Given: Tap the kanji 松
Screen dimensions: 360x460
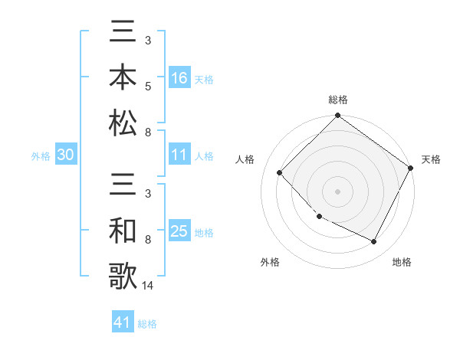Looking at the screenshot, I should [123, 123].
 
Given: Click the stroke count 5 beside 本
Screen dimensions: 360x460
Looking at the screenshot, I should [147, 87].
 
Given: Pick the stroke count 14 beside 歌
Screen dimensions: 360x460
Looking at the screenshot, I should [149, 286].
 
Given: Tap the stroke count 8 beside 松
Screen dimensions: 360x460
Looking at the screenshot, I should [147, 133].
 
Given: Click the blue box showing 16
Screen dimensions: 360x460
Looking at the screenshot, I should [179, 77].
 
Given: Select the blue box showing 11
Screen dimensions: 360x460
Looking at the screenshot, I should [179, 155].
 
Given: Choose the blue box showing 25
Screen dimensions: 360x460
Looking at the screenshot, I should [179, 232].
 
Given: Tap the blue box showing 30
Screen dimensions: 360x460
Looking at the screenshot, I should [65, 155].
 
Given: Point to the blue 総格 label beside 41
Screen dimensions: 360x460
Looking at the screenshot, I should [147, 324].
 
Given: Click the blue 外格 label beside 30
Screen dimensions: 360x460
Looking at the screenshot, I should [41, 156].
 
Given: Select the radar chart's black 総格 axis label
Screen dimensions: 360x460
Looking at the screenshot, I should [337, 100].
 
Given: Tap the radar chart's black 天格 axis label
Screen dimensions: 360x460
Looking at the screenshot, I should [431, 159].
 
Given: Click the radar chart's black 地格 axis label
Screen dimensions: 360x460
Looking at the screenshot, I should [402, 262].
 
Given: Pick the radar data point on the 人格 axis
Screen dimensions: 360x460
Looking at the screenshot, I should [280, 172].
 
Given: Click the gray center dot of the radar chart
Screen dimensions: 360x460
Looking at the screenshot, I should [337, 191].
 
